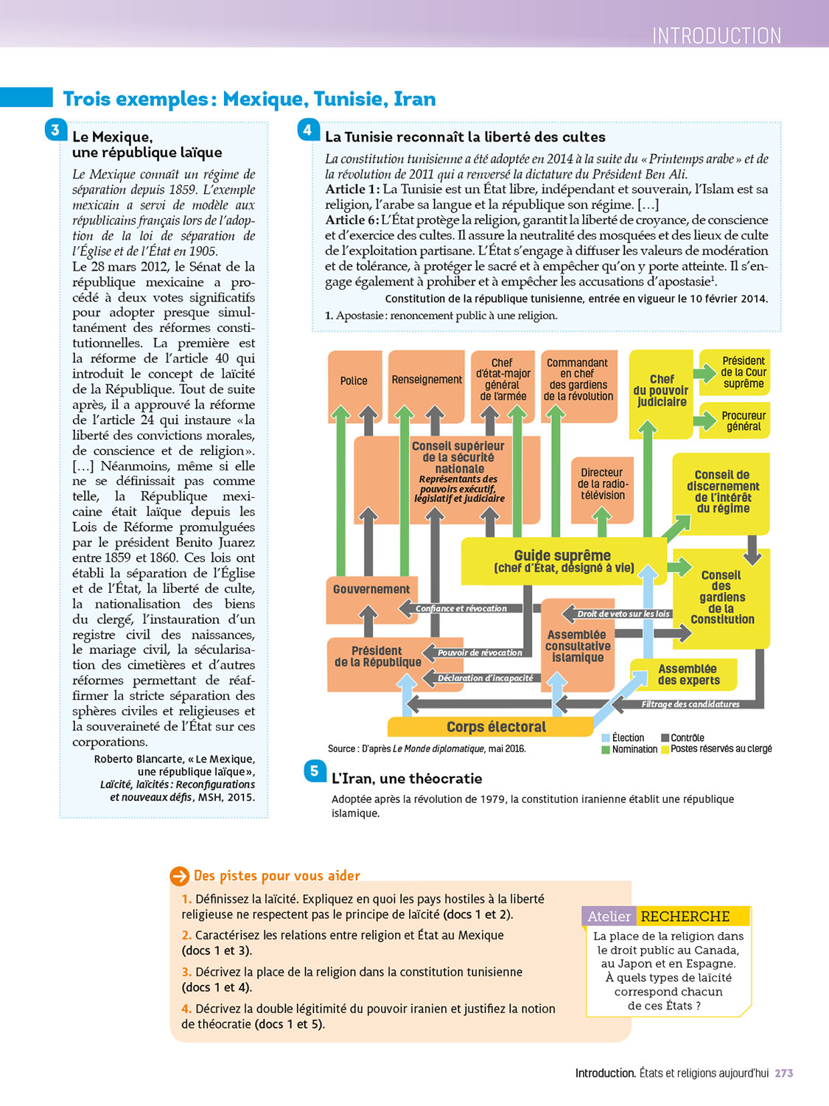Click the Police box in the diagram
coord(354,380)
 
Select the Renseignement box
coord(427,380)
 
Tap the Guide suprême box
coord(562,560)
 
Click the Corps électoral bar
coord(496,727)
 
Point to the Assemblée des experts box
coord(687,675)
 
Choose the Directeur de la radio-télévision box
coord(602,484)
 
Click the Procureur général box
coord(743,421)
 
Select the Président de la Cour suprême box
coord(743,372)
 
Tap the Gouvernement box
coord(371,589)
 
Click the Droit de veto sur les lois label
coord(623,613)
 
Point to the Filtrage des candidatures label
coord(690,704)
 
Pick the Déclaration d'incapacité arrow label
coord(485,678)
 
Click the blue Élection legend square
coord(606,737)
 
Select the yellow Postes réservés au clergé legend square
coord(665,749)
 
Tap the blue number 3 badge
coord(55,131)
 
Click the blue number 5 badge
coord(315,771)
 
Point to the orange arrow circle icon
coord(180,876)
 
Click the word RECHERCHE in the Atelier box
coord(685,917)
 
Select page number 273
coord(783,1074)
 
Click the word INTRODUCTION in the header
coord(716,35)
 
